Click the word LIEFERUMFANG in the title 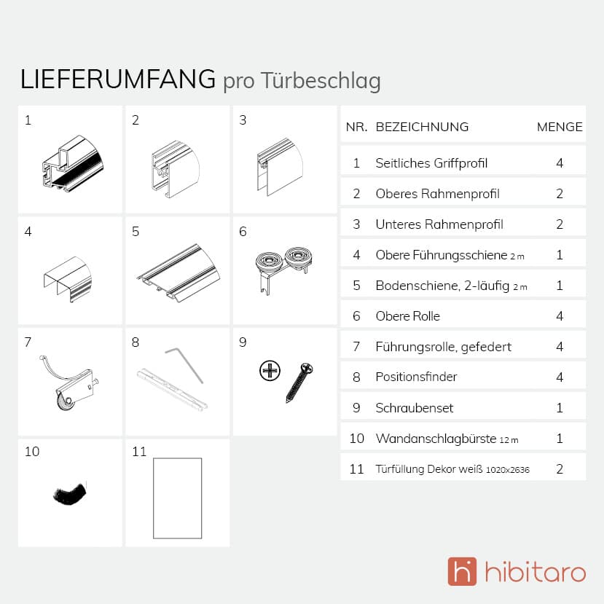tap(117, 79)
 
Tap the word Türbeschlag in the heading tap(321, 82)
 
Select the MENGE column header tap(560, 127)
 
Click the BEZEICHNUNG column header tap(422, 127)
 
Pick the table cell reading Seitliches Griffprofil tap(431, 163)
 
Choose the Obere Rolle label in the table tap(407, 316)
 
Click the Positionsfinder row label tap(417, 377)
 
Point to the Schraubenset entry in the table tap(415, 407)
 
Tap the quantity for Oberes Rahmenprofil tap(560, 193)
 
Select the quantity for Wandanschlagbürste tap(560, 439)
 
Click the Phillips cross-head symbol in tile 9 tap(270, 371)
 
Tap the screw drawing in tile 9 tap(299, 383)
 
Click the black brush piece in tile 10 tap(70, 493)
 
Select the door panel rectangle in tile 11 tap(178, 498)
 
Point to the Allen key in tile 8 tap(184, 365)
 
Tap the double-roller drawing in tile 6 tap(283, 268)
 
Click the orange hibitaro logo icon tap(462, 571)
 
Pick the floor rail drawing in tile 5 tap(179, 272)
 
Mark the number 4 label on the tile tap(28, 232)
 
